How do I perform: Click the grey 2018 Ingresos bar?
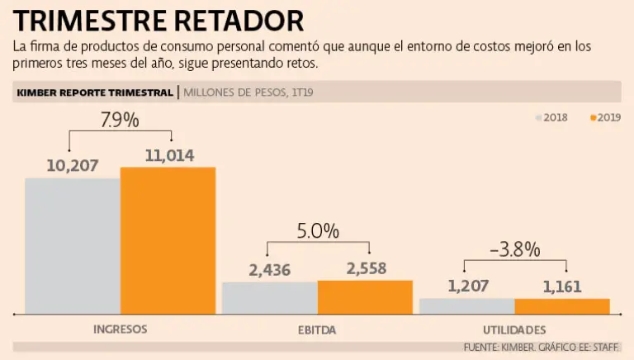click(73, 246)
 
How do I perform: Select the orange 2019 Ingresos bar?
click(168, 240)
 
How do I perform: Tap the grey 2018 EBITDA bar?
click(270, 297)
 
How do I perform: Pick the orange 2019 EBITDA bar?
click(365, 296)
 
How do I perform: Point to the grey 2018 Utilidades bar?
click(466, 306)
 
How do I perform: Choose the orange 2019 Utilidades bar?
click(562, 306)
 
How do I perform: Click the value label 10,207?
click(73, 166)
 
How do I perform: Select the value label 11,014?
click(168, 155)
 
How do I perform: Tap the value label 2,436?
click(270, 269)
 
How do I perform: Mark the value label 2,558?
click(364, 268)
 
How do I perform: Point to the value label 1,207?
click(468, 287)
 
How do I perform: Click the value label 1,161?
click(562, 287)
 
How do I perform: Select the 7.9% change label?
click(120, 120)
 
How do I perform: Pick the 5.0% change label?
click(319, 231)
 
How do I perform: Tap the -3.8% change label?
click(514, 249)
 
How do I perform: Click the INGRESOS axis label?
click(121, 329)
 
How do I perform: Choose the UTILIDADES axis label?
click(514, 329)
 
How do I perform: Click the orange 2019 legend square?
click(594, 118)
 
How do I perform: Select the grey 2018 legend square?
click(539, 118)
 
